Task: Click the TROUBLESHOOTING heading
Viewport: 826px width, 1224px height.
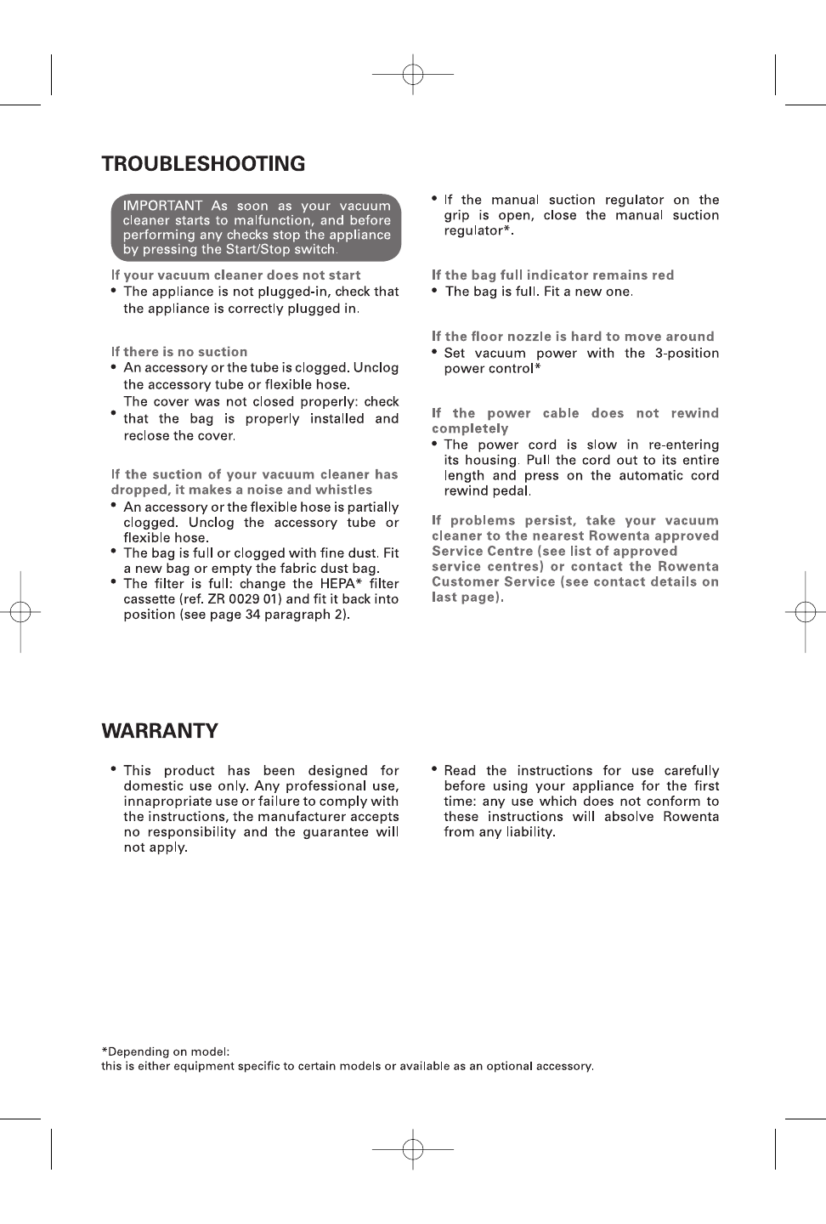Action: coord(203,164)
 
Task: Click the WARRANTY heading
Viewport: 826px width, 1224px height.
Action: coord(160,731)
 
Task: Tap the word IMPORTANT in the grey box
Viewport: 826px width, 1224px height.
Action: coord(163,206)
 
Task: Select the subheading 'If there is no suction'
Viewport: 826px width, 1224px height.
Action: coord(179,352)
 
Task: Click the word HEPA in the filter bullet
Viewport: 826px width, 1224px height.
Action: coord(340,584)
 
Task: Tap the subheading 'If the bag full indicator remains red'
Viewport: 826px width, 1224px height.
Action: coord(552,275)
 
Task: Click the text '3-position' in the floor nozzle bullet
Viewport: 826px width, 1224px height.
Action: coord(687,354)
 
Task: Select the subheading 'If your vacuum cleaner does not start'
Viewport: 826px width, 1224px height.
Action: coord(235,275)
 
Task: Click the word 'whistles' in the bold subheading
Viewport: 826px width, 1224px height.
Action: coord(342,490)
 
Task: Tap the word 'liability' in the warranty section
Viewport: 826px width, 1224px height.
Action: coord(527,832)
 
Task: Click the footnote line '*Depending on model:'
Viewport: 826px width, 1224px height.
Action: coord(166,1051)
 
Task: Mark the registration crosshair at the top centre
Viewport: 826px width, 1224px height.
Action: coord(413,75)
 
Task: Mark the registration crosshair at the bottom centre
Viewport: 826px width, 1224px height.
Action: coord(413,1150)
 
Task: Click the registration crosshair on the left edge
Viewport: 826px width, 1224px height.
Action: coord(20,612)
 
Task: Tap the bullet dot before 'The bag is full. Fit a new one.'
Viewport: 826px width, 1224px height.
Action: coord(435,291)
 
